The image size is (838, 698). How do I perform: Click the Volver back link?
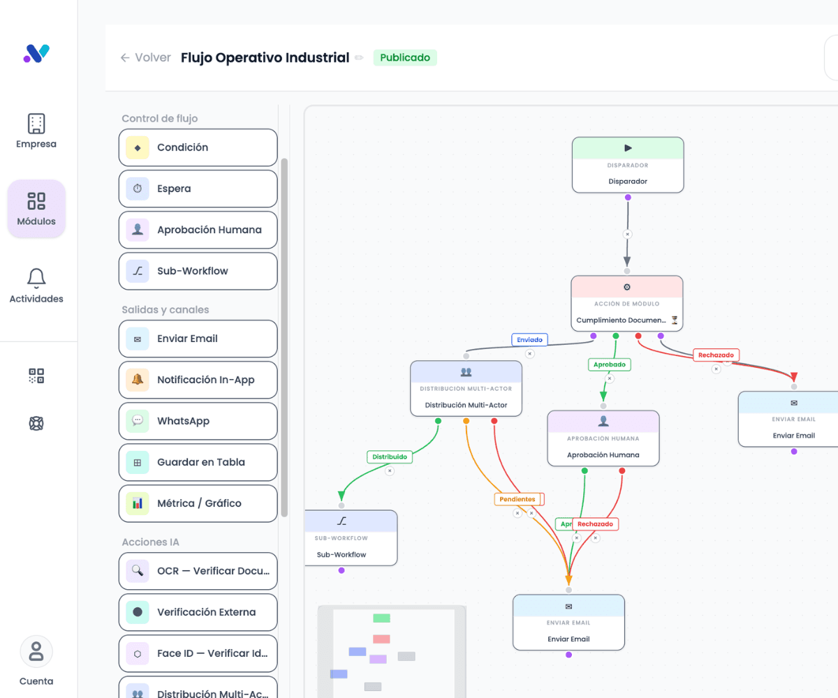(146, 58)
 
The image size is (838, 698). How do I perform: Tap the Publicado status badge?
(405, 57)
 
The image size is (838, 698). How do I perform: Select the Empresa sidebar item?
(36, 131)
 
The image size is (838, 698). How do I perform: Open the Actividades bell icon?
(36, 279)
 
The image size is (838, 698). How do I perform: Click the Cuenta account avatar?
(36, 652)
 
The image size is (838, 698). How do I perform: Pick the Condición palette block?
(198, 147)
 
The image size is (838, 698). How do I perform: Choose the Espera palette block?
(198, 188)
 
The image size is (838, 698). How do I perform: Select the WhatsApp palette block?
(198, 421)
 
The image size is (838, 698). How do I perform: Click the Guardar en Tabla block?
(198, 462)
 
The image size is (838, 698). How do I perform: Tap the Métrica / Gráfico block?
(198, 503)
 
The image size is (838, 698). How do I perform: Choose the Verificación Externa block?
(198, 612)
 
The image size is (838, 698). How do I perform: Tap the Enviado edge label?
(529, 340)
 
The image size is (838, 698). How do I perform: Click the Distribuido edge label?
(389, 457)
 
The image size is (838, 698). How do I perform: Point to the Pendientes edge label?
(517, 499)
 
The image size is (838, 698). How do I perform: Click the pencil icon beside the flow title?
(359, 58)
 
